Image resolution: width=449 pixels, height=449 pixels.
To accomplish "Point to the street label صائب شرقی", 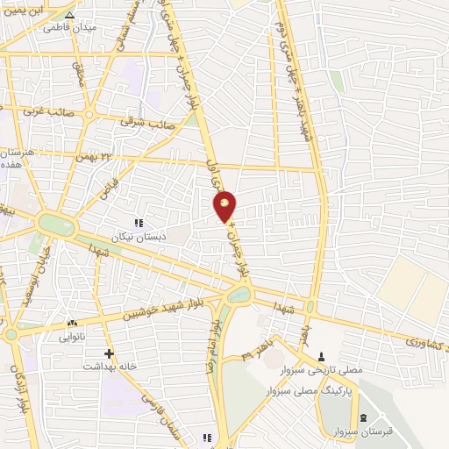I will tap(155, 122).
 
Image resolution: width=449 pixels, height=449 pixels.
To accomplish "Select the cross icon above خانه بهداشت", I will tap(108, 353).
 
